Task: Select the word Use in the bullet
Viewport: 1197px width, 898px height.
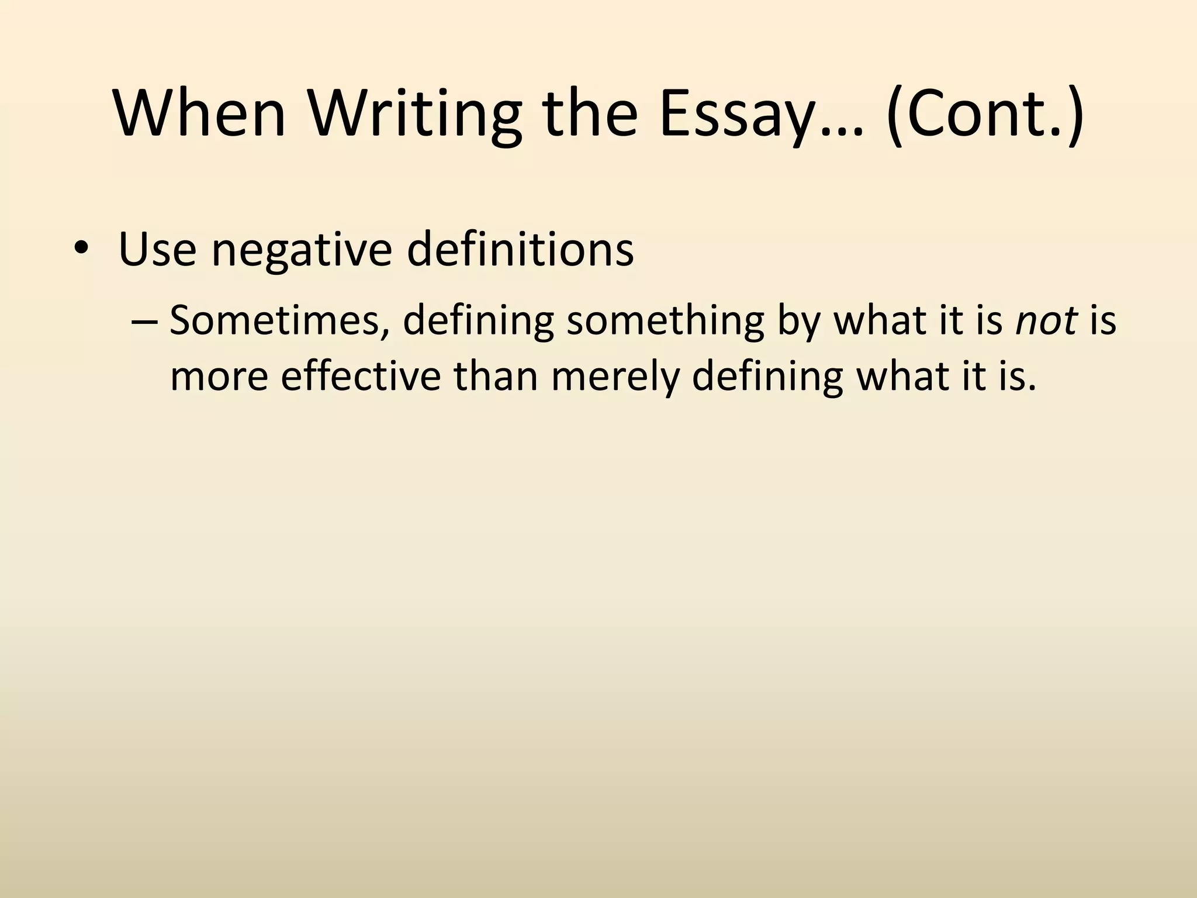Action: click(157, 249)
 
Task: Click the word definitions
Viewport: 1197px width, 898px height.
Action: click(520, 249)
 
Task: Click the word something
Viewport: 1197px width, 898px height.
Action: click(665, 320)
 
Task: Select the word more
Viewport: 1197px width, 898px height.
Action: click(219, 376)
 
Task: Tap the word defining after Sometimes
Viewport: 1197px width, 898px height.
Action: click(478, 320)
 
